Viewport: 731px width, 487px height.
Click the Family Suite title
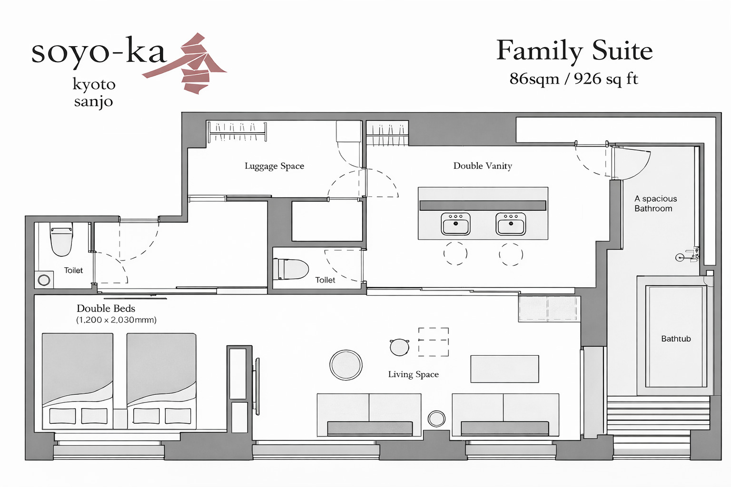tap(574, 50)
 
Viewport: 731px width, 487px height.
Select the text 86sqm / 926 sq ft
tap(573, 78)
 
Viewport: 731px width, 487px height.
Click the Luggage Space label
tap(274, 166)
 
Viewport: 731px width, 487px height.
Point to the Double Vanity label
tap(483, 166)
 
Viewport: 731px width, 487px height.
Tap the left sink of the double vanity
tap(455, 224)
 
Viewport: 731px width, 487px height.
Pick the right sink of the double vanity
tap(511, 224)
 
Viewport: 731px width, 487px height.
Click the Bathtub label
tap(676, 339)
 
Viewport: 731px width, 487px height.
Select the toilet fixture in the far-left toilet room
tap(61, 239)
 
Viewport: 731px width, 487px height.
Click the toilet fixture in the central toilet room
tap(290, 269)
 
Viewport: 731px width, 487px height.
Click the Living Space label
tap(413, 374)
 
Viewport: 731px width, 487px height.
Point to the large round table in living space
tap(346, 365)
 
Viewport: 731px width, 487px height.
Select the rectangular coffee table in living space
tap(504, 369)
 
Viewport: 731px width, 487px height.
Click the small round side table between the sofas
tap(436, 419)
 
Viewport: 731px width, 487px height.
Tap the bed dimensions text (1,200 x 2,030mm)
tap(116, 320)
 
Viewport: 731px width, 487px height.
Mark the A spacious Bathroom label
tap(655, 204)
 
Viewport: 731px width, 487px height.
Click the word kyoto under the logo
tap(94, 84)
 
